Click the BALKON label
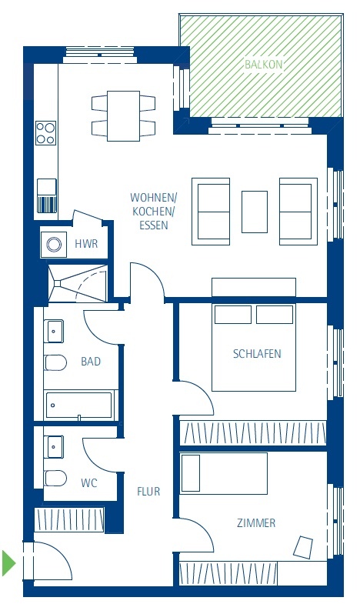264,65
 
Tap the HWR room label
86,244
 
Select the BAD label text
91,362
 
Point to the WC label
89,482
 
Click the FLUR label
148,491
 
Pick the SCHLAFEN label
257,354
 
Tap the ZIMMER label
256,522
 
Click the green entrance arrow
8,562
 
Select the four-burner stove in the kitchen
46,133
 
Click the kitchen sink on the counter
47,195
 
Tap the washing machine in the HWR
54,245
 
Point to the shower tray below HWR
78,283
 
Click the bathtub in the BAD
79,405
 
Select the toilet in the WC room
55,478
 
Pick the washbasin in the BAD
54,331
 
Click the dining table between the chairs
123,116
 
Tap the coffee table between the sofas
255,212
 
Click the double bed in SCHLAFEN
254,347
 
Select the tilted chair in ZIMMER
303,547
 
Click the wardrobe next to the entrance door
69,520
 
